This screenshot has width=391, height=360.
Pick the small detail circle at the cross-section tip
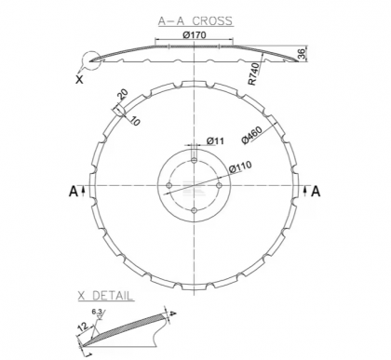click(90, 62)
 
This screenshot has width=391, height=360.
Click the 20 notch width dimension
click(123, 94)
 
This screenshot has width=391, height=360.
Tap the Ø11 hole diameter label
click(215, 141)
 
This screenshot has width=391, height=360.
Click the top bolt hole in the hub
click(193, 162)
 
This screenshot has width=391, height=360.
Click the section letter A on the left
click(73, 192)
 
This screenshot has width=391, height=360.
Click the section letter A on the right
click(316, 192)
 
